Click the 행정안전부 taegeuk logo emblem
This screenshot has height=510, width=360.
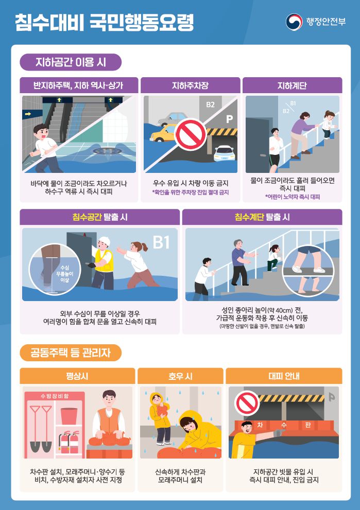294,22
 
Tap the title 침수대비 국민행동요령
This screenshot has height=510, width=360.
104,22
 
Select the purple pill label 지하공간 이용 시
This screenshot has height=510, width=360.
71,62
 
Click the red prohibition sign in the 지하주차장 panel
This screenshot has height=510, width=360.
191,134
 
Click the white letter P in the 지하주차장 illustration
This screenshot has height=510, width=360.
230,119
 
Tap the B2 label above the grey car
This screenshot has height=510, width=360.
210,105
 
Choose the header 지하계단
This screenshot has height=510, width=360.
292,85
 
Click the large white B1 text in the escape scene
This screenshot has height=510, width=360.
161,242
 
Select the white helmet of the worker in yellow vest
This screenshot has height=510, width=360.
105,241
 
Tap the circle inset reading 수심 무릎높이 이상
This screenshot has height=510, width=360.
55,269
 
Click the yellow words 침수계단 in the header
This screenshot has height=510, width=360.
249,217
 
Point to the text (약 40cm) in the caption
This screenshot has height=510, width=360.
274,310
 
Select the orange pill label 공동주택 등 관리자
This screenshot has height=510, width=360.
71,353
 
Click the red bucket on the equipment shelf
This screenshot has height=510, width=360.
69,416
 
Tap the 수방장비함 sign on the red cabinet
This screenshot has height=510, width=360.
55,396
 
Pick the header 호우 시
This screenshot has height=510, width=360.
180,376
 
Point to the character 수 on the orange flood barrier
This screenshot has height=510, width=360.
284,425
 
